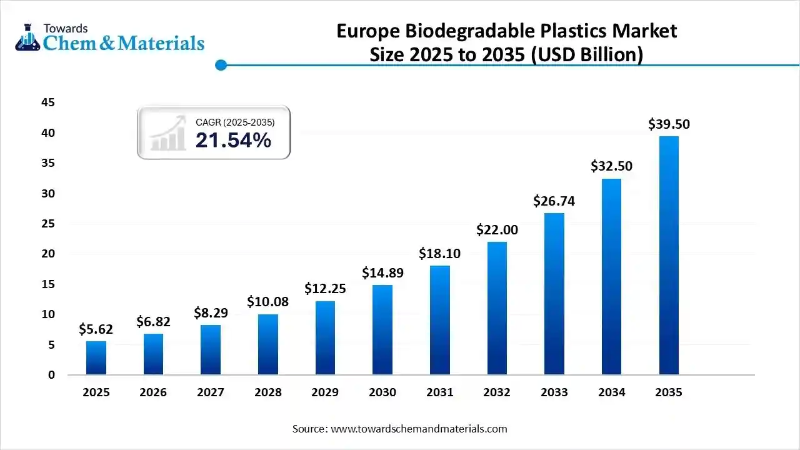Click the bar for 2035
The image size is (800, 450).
point(669,256)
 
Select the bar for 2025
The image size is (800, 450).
point(96,357)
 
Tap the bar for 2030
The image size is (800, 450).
point(382,330)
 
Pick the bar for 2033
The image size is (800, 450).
point(554,294)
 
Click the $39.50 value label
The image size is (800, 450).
point(669,124)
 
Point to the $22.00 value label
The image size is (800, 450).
point(497,230)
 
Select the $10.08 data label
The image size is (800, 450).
point(267,302)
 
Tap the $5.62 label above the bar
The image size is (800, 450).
point(96,329)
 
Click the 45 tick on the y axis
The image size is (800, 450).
point(48,102)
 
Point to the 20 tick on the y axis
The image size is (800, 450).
point(48,254)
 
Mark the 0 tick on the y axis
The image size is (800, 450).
point(52,375)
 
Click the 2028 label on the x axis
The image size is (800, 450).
point(267,392)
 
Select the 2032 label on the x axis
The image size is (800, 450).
point(497,392)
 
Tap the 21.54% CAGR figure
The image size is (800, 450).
point(233,141)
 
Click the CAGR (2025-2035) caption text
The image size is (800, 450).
point(235,122)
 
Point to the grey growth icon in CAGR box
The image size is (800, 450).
point(168,133)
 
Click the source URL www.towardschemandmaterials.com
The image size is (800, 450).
point(419,429)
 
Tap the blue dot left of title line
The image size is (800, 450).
point(221,64)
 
